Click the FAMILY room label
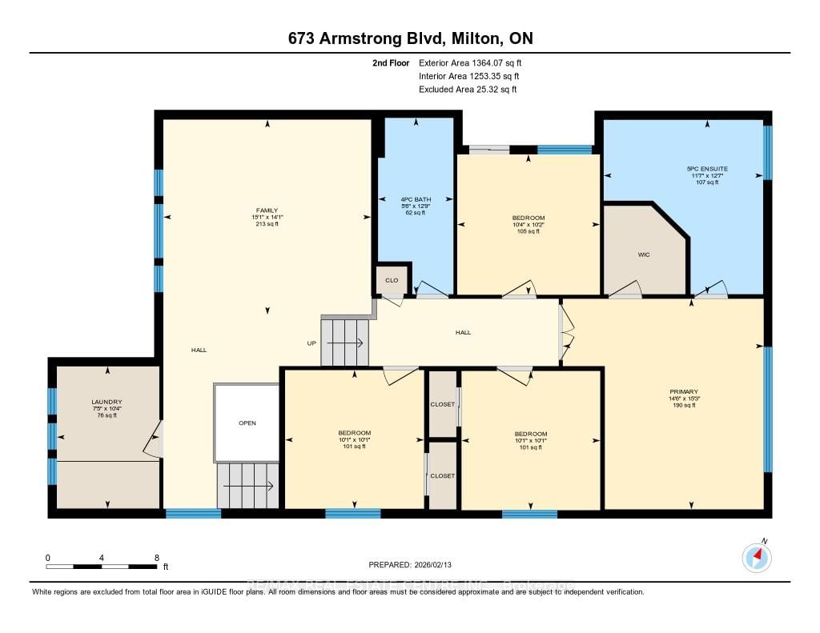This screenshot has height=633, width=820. tap(267, 210)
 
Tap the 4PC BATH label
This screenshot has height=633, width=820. tap(416, 199)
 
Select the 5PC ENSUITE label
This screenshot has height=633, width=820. tap(707, 169)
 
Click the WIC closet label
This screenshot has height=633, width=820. tap(643, 255)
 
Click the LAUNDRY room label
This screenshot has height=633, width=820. tap(107, 402)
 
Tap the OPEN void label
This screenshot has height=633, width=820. tap(247, 423)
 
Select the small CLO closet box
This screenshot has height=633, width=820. tap(392, 280)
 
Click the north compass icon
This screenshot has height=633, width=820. tap(757, 557)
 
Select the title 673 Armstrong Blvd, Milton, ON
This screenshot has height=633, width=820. tap(409, 38)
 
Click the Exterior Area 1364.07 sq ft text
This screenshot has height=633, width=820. tap(472, 62)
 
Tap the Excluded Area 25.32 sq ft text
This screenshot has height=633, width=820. tap(468, 90)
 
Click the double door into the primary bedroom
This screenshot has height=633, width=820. tap(566, 333)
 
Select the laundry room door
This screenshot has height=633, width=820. tap(155, 439)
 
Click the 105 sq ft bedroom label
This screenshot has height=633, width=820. tap(529, 225)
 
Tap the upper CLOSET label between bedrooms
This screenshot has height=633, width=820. tap(442, 404)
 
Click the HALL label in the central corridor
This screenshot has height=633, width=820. tap(463, 332)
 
